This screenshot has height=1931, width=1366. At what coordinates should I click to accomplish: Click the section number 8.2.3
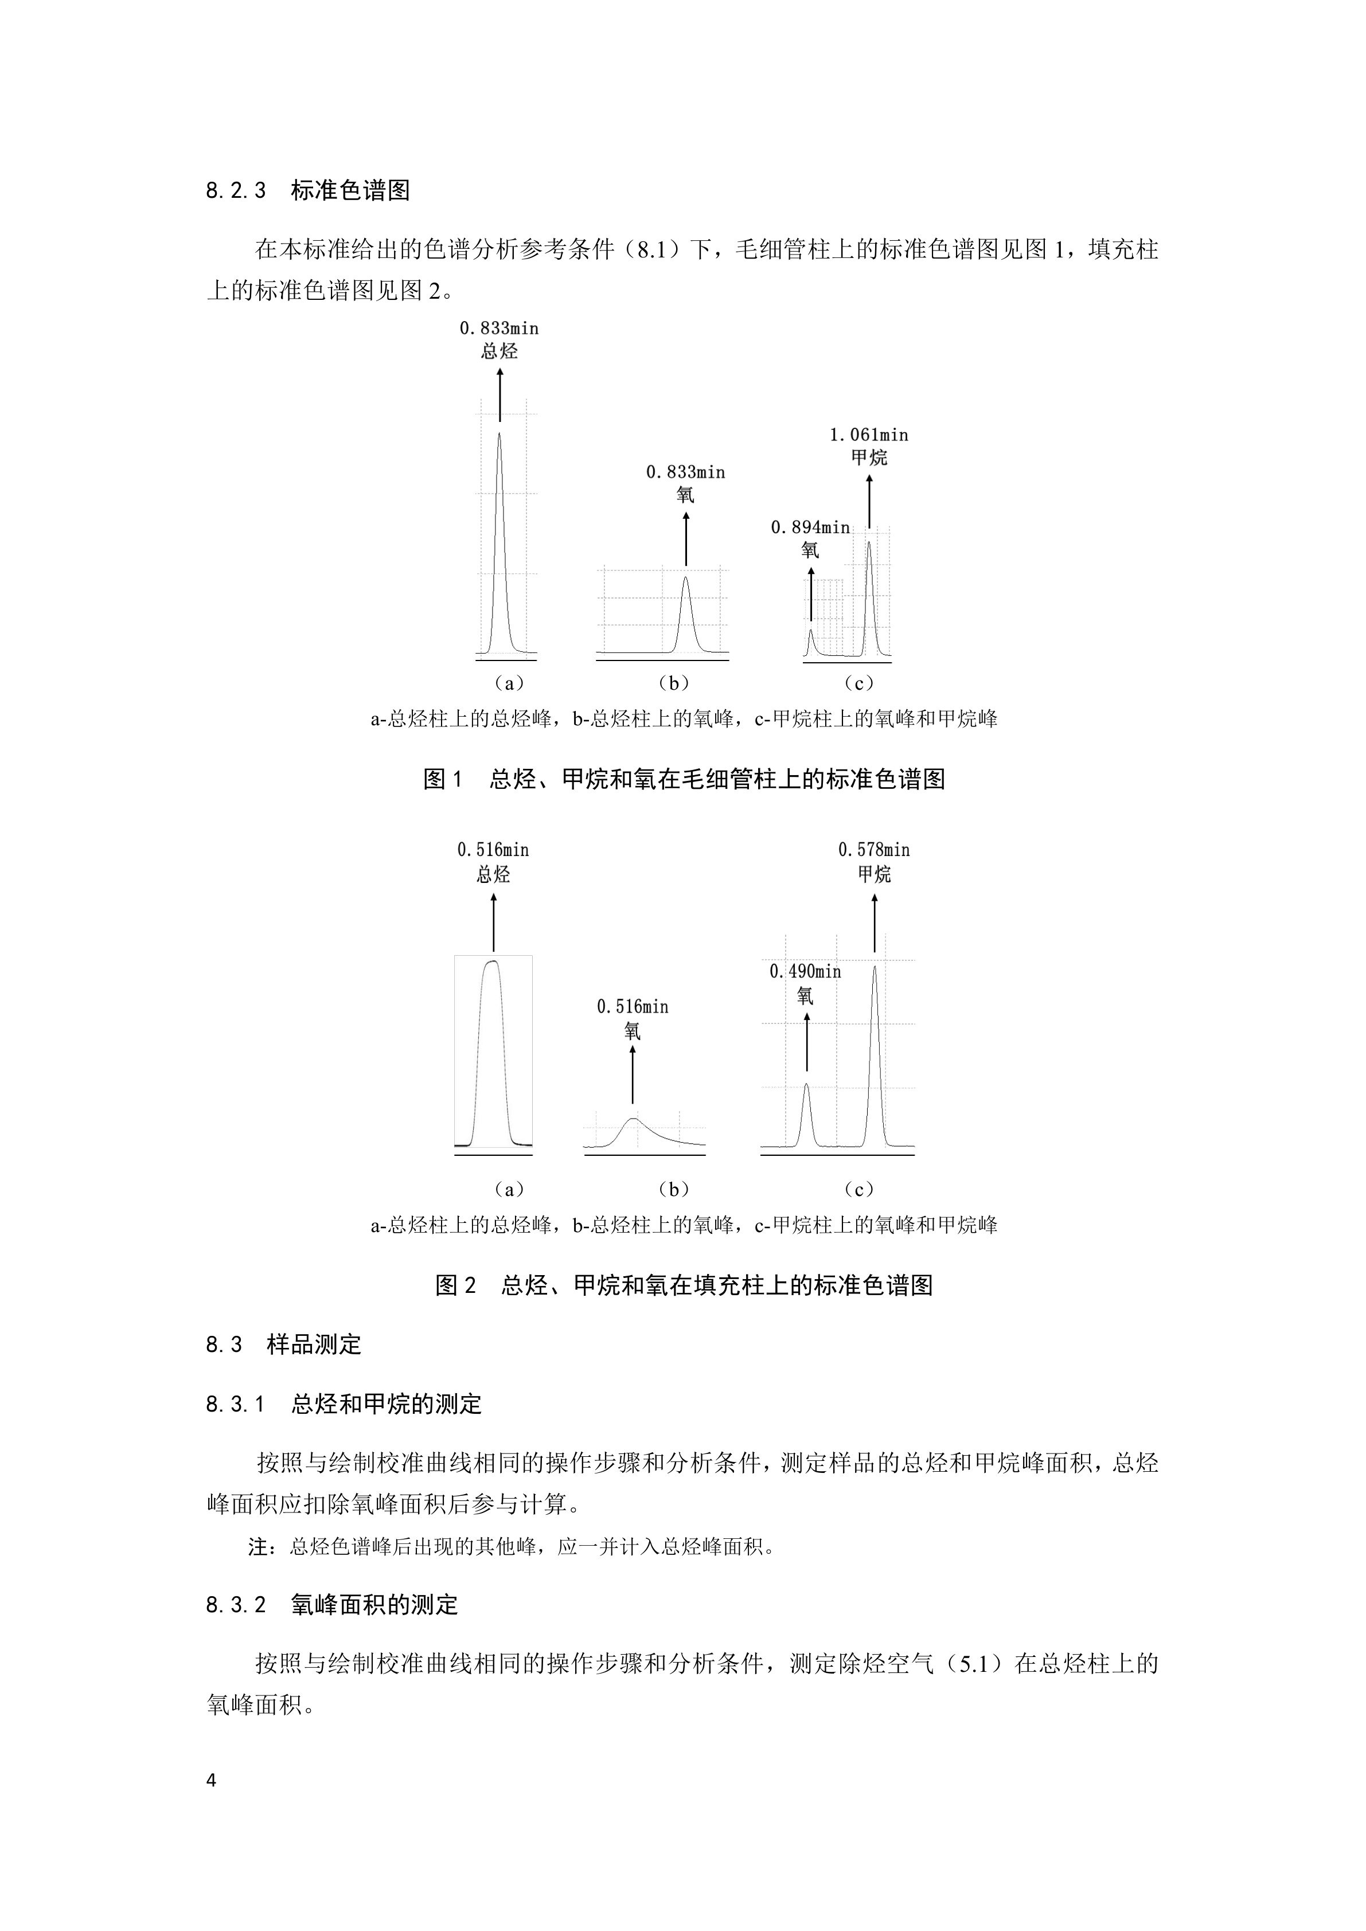236,191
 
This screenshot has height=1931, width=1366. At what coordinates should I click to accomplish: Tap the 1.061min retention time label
869,435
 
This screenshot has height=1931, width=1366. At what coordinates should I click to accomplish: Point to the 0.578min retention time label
874,850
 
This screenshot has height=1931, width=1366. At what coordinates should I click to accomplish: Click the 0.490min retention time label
805,971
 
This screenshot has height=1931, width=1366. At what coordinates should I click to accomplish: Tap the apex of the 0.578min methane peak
875,966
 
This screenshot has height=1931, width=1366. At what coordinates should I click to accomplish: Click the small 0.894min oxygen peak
811,642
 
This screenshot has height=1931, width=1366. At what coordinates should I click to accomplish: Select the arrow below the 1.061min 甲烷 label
869,502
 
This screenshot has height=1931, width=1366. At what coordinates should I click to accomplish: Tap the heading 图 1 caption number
443,779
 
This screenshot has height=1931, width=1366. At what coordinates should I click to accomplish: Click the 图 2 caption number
456,1285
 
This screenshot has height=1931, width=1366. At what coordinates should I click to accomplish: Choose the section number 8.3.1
236,1405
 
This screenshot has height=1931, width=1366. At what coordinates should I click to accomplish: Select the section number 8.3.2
236,1605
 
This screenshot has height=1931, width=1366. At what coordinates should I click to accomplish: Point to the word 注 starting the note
258,1547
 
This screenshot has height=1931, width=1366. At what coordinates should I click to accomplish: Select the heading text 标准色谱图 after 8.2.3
350,191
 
